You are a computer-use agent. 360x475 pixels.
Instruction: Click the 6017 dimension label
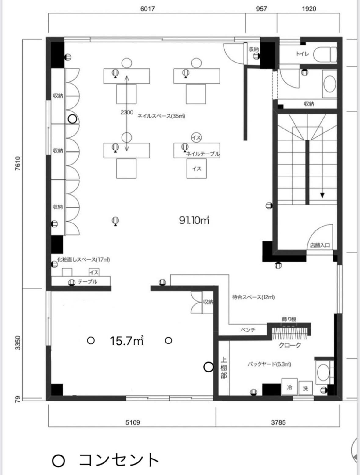(147, 9)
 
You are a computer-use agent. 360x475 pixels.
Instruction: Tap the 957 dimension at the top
(261, 9)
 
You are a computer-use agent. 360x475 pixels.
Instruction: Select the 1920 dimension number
(309, 9)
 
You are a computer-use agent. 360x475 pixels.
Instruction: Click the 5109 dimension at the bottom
(133, 422)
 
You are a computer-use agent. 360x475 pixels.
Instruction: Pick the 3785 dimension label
(278, 422)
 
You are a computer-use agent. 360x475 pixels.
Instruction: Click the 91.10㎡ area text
(194, 220)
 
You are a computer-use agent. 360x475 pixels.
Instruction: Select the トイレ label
(302, 54)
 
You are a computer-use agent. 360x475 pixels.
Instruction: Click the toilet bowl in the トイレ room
(325, 54)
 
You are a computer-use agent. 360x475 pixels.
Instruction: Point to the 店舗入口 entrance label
(320, 245)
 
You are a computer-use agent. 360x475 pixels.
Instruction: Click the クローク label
(290, 345)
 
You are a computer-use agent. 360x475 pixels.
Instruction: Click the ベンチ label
(248, 330)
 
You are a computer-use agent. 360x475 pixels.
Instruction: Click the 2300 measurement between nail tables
(127, 112)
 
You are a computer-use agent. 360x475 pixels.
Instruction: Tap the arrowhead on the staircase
(322, 195)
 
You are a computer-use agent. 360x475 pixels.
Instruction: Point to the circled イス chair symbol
(196, 137)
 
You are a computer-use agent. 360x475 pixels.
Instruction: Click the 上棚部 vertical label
(224, 368)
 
